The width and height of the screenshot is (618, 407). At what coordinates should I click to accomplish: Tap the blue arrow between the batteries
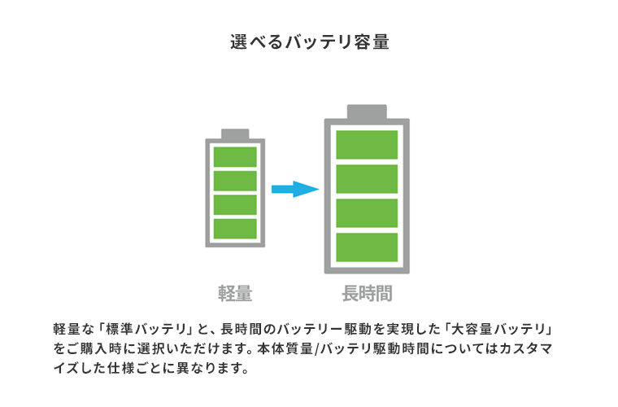[294, 190]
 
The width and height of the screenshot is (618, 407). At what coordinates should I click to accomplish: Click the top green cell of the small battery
[235, 156]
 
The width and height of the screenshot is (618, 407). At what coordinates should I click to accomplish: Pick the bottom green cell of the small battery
[235, 228]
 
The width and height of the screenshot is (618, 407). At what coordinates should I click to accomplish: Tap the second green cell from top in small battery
[235, 180]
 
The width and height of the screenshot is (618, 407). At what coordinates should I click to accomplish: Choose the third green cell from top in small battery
[235, 204]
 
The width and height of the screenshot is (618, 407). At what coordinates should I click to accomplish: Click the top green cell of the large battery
[367, 144]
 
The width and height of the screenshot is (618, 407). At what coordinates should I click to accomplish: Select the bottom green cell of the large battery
[367, 247]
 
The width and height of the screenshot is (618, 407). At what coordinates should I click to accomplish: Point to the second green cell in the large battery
[367, 178]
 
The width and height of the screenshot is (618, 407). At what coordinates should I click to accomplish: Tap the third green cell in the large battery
[367, 213]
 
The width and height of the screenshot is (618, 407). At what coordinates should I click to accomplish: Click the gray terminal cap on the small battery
[235, 133]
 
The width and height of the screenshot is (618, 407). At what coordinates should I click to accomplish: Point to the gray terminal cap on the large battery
[367, 112]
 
